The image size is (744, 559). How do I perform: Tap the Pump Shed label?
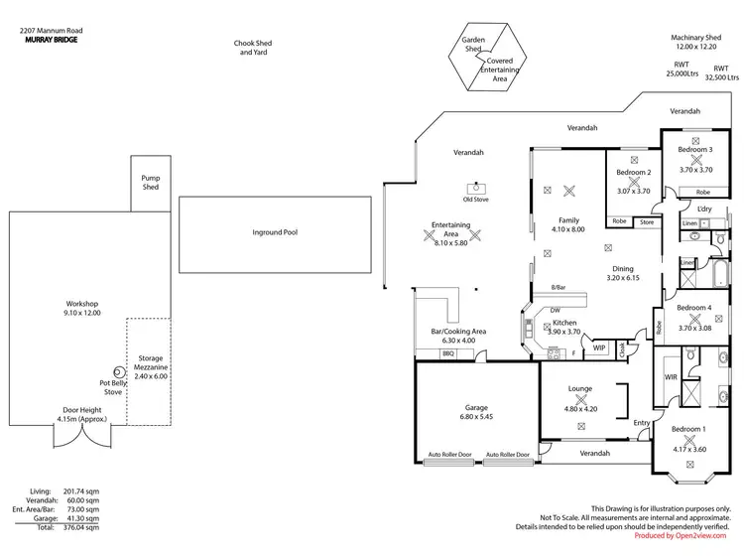click(150, 182)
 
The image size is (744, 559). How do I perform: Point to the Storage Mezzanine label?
click(151, 363)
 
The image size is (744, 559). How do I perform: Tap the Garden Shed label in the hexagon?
click(471, 46)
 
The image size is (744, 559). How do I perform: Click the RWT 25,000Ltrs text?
click(681, 69)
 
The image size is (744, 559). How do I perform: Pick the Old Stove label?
click(475, 199)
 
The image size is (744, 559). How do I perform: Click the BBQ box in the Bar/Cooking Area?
click(447, 352)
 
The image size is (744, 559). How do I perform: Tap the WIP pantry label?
click(599, 349)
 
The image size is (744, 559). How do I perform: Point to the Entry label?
click(642, 423)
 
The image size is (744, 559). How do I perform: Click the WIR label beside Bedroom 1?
click(670, 376)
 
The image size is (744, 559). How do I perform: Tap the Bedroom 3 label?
click(695, 150)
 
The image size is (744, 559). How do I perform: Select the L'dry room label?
click(705, 209)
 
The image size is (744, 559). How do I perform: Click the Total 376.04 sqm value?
click(83, 529)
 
